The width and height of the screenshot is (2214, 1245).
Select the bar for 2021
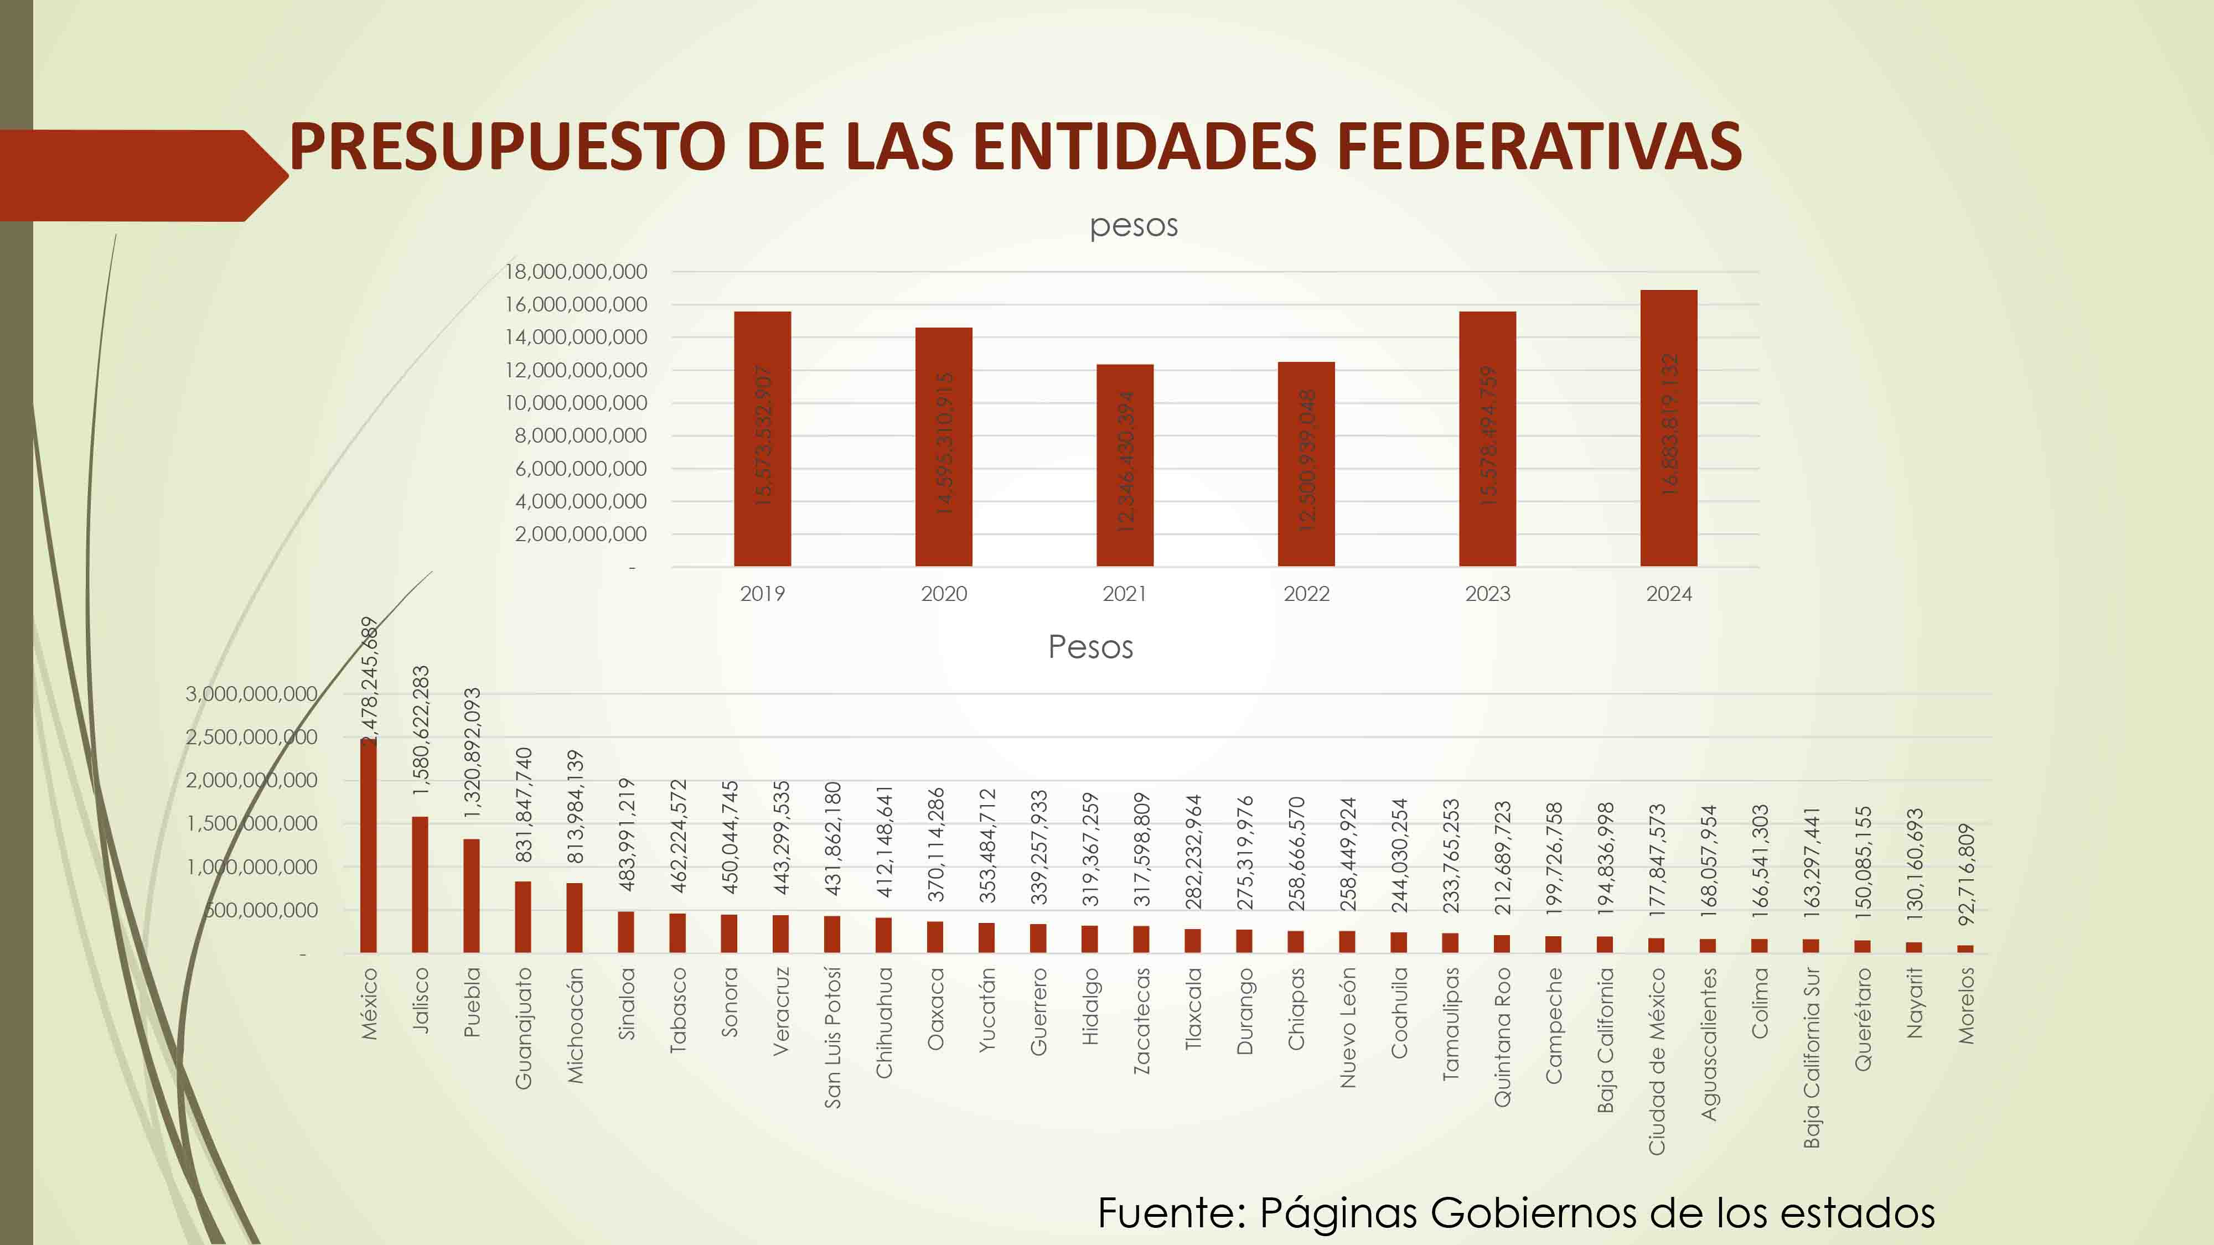(x=1124, y=465)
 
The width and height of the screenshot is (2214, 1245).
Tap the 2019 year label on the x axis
(x=762, y=594)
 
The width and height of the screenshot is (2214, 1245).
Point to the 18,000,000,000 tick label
(x=576, y=272)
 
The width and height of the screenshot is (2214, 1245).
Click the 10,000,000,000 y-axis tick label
(x=576, y=403)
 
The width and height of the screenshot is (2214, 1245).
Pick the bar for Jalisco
(x=420, y=884)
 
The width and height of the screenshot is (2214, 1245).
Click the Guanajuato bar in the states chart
(x=523, y=917)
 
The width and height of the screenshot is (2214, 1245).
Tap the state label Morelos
(x=1967, y=1005)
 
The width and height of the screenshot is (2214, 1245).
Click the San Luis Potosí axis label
(x=832, y=1037)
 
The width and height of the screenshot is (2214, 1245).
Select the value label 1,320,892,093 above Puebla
(x=472, y=753)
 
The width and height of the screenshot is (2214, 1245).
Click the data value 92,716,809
(x=1967, y=875)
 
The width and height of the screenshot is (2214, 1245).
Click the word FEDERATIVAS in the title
(x=1539, y=146)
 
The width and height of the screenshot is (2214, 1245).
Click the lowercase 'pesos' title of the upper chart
(x=1134, y=226)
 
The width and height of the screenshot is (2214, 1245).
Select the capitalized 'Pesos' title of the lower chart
(x=1090, y=647)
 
